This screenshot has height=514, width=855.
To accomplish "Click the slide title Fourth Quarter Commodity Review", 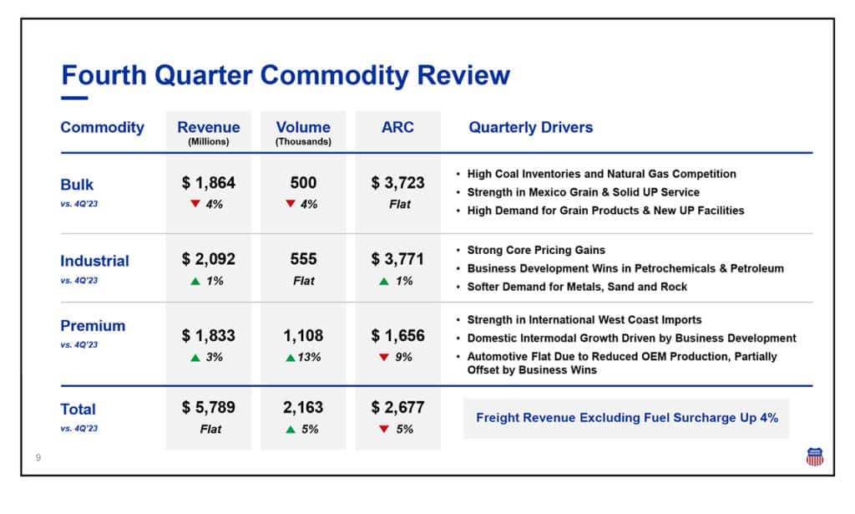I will (x=286, y=75).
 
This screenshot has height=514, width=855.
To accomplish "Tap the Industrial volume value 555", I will (x=303, y=260).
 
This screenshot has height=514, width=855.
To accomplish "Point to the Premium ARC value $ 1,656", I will (x=398, y=336).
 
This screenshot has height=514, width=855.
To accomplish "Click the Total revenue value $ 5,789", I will (x=209, y=408).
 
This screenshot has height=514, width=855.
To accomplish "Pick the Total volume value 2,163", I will (x=303, y=408).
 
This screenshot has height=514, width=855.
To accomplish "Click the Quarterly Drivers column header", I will (x=530, y=128).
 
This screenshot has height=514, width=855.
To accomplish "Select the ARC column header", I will (x=397, y=128).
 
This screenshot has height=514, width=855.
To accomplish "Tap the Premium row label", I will (x=93, y=326).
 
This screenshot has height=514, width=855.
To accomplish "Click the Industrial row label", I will (x=94, y=261).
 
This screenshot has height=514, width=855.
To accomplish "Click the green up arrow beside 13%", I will (x=290, y=358).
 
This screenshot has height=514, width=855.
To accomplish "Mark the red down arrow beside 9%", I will (x=384, y=358).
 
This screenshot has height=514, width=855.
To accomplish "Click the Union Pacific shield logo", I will (x=814, y=456).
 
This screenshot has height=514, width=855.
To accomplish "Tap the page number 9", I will (x=38, y=458).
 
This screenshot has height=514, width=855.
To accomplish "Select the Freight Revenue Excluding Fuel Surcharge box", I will (x=626, y=417).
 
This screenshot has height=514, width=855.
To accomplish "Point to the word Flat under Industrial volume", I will (x=303, y=281).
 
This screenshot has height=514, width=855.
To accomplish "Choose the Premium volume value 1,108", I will (x=303, y=336).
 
